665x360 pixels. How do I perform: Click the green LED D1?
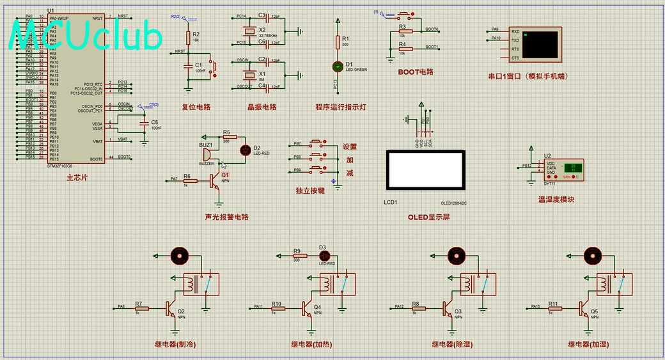[x=338, y=66]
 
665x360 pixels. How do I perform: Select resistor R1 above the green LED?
[x=338, y=42]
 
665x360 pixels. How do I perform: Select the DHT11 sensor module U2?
[x=563, y=169]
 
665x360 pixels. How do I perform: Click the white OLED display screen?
[x=425, y=169]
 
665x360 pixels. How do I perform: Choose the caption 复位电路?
[x=196, y=107]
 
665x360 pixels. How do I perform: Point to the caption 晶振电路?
[x=262, y=107]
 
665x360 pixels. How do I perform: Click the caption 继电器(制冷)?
[x=175, y=345]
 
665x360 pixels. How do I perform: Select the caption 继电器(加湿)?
[x=588, y=345]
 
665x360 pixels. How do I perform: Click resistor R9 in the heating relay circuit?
[x=297, y=255]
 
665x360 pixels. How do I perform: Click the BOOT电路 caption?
[x=416, y=72]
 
